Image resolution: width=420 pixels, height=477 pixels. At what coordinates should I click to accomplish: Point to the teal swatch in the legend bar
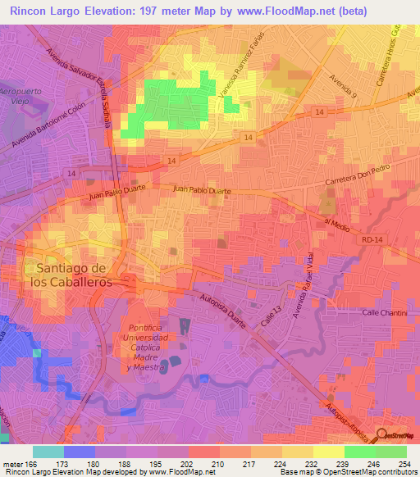coord(48,451)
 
